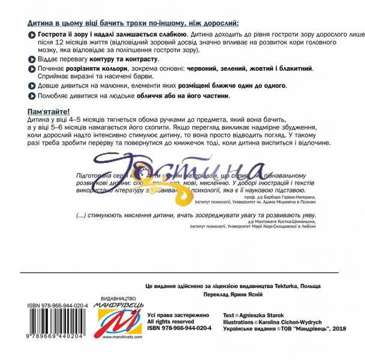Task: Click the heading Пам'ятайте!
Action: [x=49, y=112]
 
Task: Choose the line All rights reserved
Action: [x=174, y=322]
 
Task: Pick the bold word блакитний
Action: [x=291, y=68]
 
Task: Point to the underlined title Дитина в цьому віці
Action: [x=132, y=23]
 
